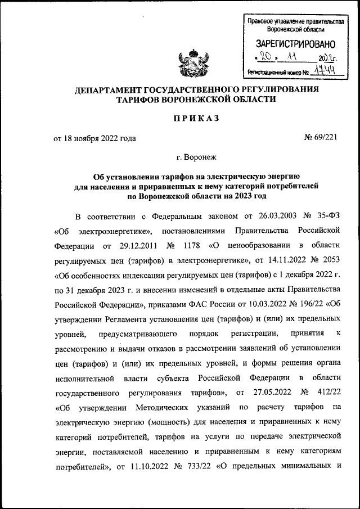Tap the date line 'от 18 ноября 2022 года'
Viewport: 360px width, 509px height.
click(95, 137)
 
